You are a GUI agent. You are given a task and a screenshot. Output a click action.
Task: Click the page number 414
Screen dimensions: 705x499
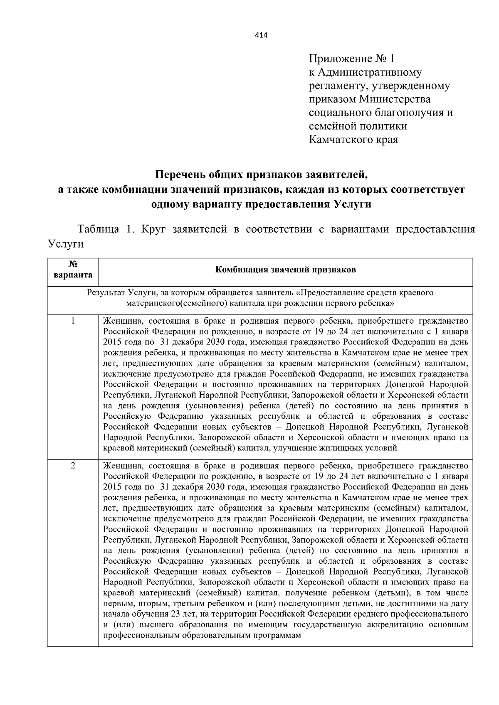tap(261, 35)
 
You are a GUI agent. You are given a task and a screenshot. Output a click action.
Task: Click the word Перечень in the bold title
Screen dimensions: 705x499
tap(180, 174)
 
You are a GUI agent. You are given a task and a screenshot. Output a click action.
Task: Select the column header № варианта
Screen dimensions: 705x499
tap(73, 270)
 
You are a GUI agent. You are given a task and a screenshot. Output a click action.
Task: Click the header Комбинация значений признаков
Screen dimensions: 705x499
tap(285, 270)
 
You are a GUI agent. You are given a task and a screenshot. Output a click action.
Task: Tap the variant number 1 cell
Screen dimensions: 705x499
tap(73, 321)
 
